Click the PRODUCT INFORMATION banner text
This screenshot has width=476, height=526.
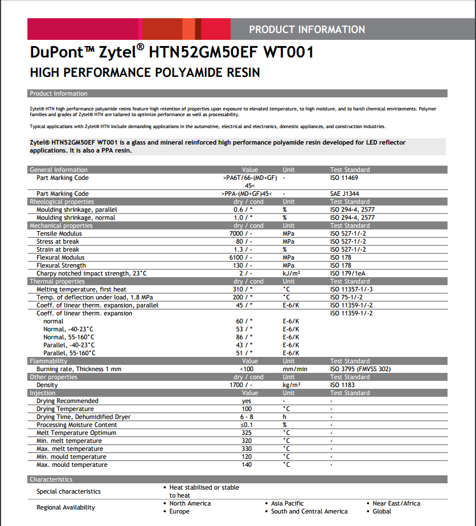[x=307, y=30]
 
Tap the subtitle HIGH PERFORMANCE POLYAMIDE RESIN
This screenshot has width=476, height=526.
[x=145, y=73]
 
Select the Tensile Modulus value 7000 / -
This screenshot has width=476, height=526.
[x=243, y=233]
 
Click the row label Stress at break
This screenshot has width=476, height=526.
[x=58, y=241]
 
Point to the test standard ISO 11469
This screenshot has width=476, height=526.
[x=344, y=178]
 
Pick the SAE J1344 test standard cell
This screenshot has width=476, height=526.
[x=345, y=194]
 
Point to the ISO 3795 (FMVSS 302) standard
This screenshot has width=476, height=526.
[x=360, y=369]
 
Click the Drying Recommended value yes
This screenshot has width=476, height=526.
[x=247, y=401]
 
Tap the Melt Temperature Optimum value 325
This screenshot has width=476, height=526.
[x=247, y=433]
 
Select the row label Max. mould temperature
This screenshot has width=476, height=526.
[x=72, y=465]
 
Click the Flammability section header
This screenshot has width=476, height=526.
[x=48, y=361]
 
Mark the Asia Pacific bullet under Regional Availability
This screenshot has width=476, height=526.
[x=287, y=503]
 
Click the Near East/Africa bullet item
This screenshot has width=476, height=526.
[x=396, y=503]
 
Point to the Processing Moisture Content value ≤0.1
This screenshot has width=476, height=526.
[x=247, y=425]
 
